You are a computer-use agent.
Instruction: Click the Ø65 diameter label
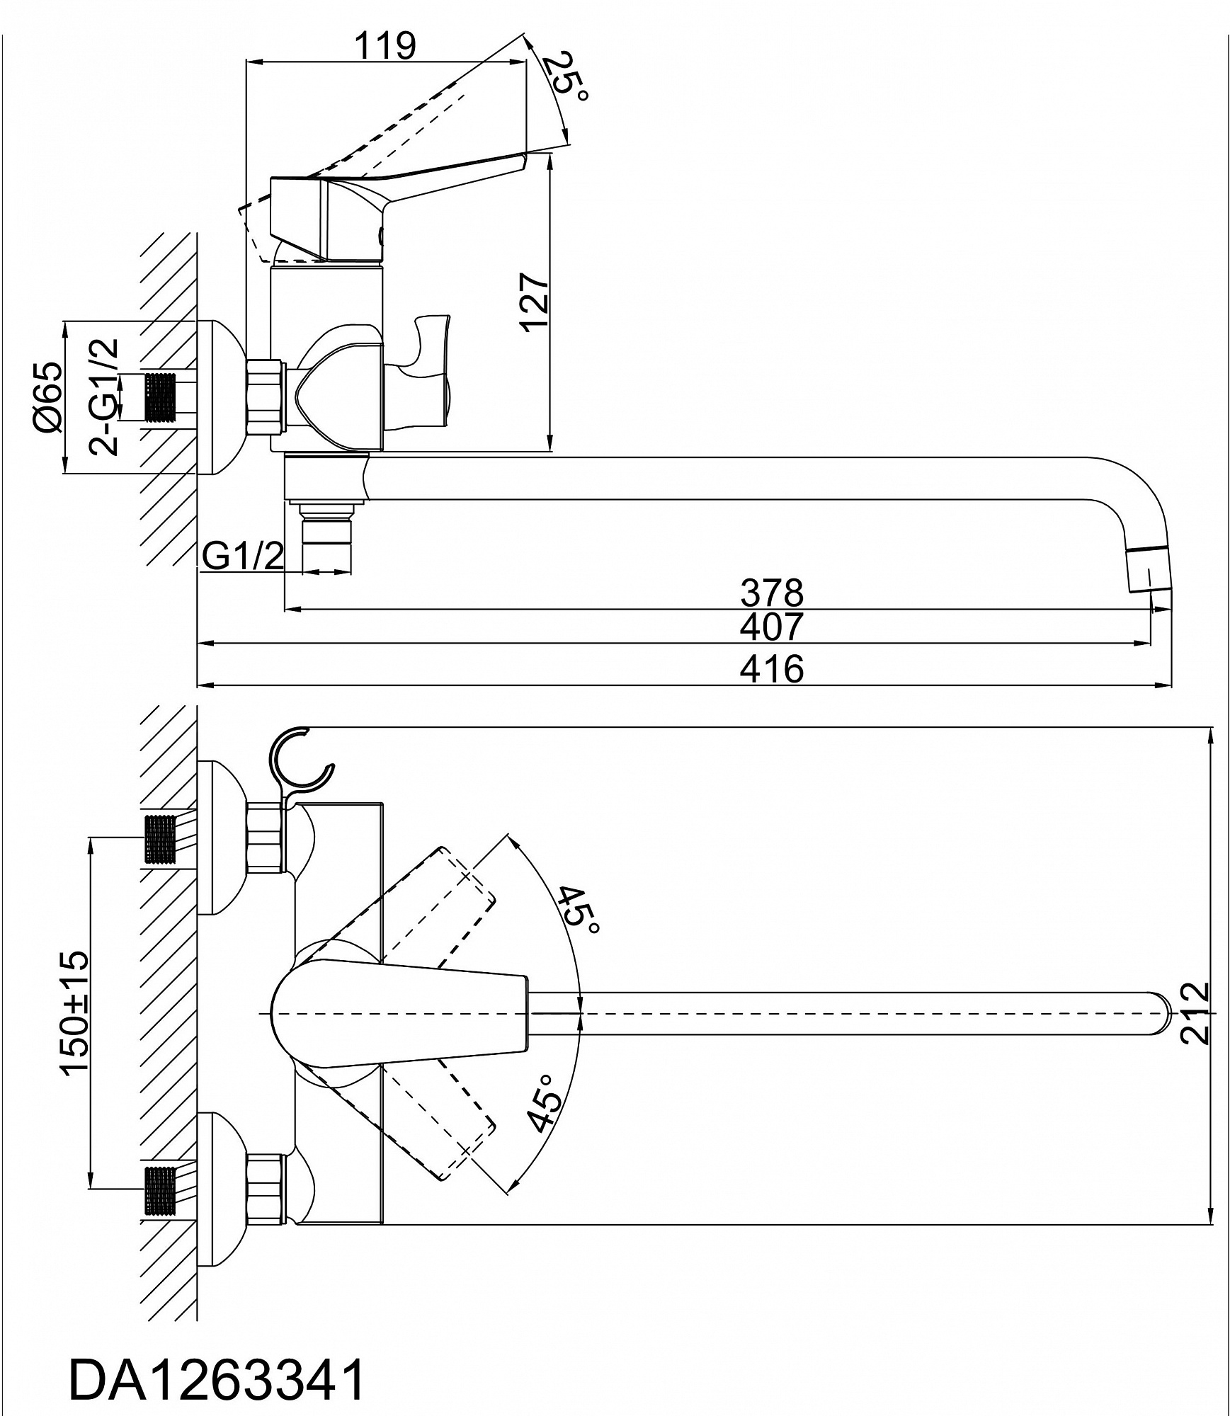pos(47,396)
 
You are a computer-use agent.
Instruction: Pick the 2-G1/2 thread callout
pos(103,396)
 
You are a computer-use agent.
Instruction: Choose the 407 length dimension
pos(772,626)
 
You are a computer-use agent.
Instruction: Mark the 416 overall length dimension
pos(772,669)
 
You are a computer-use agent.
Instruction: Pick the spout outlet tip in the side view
pos(1151,573)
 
